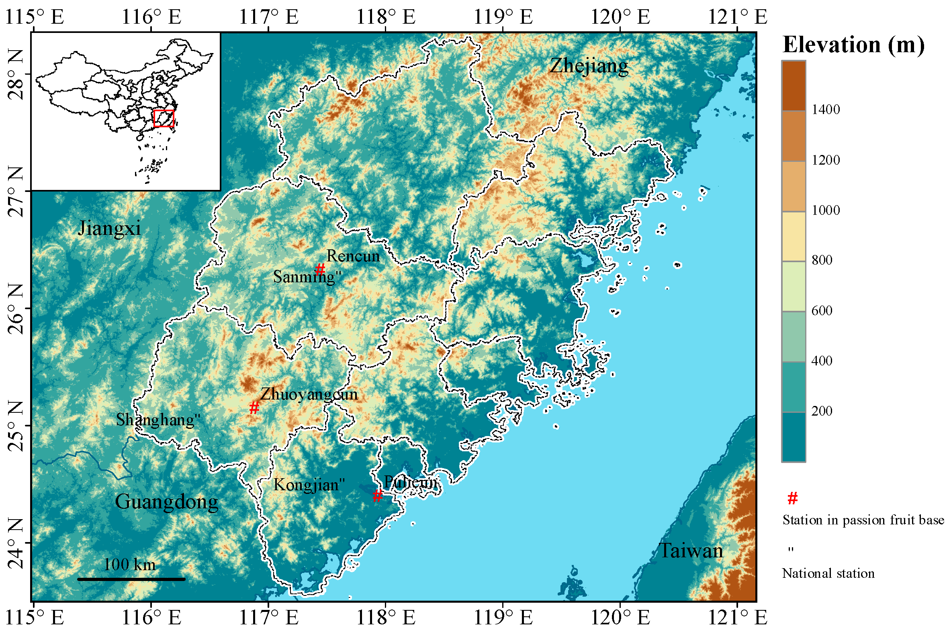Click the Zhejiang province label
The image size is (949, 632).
[x=589, y=66]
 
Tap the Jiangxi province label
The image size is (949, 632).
[x=109, y=228]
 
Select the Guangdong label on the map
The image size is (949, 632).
[x=167, y=502]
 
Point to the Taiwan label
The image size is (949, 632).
[x=691, y=550]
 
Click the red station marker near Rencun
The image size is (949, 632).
[x=320, y=269]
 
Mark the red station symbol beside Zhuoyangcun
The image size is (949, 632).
[x=254, y=408]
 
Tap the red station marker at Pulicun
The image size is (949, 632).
[x=377, y=496]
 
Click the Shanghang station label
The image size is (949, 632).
[x=157, y=420]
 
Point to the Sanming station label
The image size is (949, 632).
[x=307, y=277]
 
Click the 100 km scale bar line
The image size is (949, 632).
[x=131, y=579]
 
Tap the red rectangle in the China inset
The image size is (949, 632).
[x=164, y=118]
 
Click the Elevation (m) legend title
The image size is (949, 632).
[x=853, y=44]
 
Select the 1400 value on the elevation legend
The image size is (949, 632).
[x=826, y=110]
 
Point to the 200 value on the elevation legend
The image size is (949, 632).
[x=822, y=411]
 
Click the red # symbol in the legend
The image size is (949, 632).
[x=793, y=499]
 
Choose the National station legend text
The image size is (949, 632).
[x=828, y=573]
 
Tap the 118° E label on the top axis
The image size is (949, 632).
[x=386, y=17]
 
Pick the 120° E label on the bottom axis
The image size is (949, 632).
[x=620, y=617]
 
